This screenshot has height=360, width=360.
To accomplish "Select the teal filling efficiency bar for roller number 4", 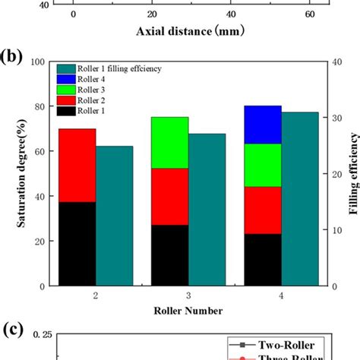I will (301, 199).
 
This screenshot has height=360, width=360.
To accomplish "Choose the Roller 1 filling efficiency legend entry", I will (114, 68).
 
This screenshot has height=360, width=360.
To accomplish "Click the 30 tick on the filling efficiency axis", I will (339, 118).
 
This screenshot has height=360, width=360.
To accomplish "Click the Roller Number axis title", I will (189, 311).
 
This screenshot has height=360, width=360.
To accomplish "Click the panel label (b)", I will (13, 57).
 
